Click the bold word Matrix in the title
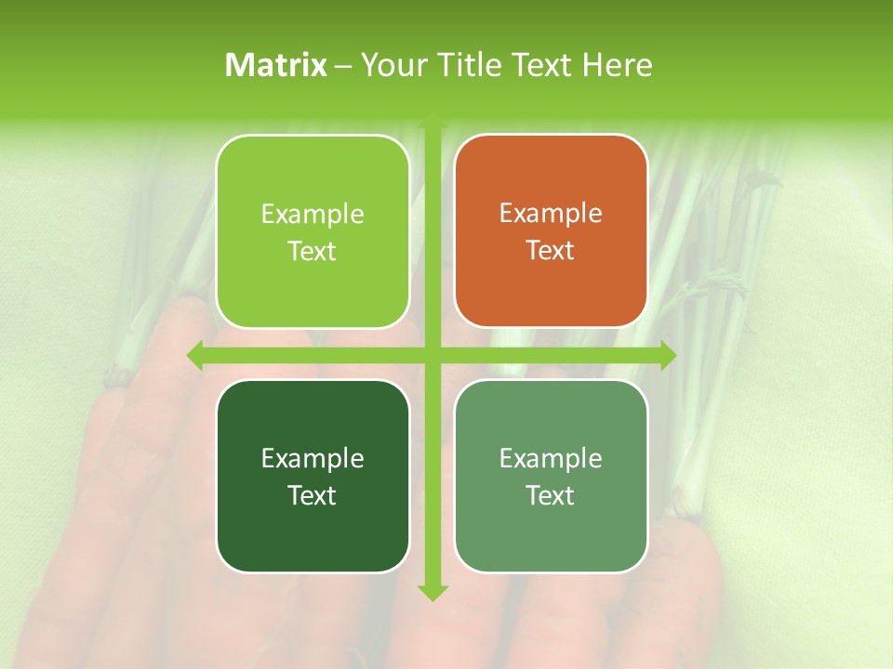(276, 65)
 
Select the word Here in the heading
(617, 65)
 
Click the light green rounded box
(313, 231)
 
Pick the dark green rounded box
(313, 476)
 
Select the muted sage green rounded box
(551, 476)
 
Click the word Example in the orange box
(551, 213)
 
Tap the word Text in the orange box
(551, 250)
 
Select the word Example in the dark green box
(313, 458)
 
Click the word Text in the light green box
(313, 251)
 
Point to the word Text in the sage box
(551, 495)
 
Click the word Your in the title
(390, 65)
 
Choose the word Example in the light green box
(313, 214)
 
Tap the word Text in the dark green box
(313, 495)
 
